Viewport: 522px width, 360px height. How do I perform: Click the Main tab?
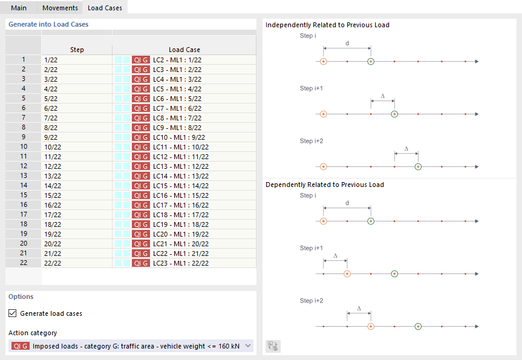coord(18,8)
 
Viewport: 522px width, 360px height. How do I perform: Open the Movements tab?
coord(60,8)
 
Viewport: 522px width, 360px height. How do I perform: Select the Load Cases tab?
coord(105,8)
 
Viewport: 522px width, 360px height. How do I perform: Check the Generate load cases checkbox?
coord(13,313)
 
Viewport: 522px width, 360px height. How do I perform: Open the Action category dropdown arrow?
coord(248,346)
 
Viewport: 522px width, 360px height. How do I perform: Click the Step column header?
coord(77,50)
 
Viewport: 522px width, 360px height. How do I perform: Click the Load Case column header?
coord(184,50)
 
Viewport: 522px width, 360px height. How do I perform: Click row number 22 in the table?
coord(24,263)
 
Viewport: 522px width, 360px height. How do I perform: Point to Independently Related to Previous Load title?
coord(327,25)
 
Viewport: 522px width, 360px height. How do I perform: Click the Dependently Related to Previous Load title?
coord(325,185)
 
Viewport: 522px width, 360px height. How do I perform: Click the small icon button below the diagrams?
coord(273,346)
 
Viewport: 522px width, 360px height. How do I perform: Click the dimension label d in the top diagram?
coord(347,43)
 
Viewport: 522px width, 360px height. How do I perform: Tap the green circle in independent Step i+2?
coord(418,166)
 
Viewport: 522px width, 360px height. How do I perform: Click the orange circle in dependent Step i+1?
coord(347,273)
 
